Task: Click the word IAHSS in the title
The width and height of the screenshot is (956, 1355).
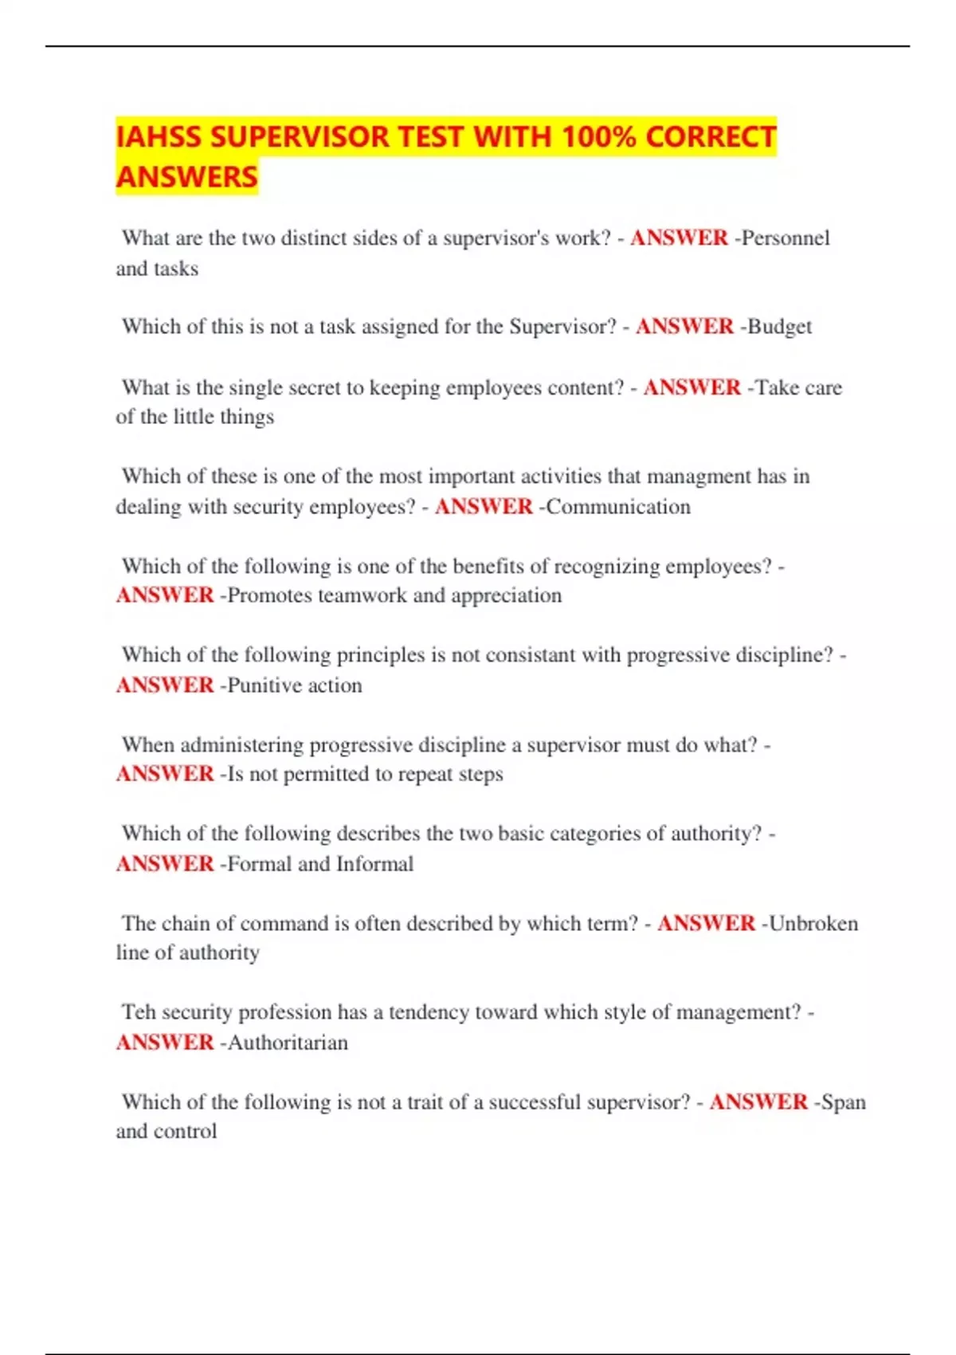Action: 159,137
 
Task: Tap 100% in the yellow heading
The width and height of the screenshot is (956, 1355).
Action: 597,137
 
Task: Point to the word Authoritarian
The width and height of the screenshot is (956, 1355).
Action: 288,1043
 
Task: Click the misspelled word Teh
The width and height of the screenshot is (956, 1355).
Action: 139,1012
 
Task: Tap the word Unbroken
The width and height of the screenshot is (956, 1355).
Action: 813,924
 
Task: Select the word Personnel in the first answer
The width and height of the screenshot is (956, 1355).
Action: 786,238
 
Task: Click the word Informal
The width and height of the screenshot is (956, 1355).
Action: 374,864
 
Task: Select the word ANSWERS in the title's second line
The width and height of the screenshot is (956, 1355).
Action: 187,177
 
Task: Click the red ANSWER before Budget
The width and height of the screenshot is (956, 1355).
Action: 684,327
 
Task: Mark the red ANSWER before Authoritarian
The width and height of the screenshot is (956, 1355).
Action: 165,1043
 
